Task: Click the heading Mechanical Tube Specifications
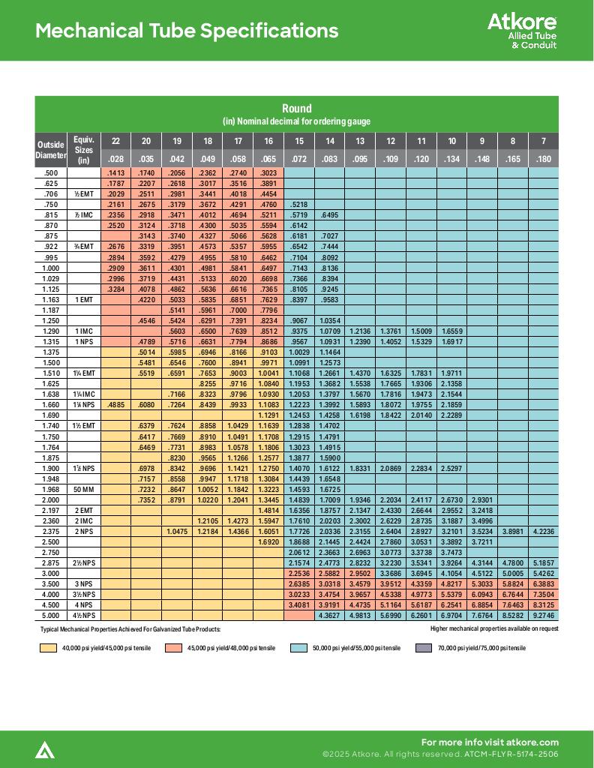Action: (187, 31)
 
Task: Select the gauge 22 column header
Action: (115, 141)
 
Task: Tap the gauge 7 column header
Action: (543, 141)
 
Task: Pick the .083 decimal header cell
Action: (329, 159)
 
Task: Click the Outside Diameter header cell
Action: (51, 150)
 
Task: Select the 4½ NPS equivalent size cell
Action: (83, 616)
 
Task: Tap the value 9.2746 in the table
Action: (543, 616)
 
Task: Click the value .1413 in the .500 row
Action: (115, 172)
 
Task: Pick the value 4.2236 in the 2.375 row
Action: (543, 531)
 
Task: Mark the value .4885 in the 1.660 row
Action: (115, 405)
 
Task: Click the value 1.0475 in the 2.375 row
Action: (177, 531)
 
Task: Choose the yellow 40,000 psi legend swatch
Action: (48, 648)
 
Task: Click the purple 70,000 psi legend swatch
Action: (424, 648)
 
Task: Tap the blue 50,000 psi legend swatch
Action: (298, 648)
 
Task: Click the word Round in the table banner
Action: (296, 109)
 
